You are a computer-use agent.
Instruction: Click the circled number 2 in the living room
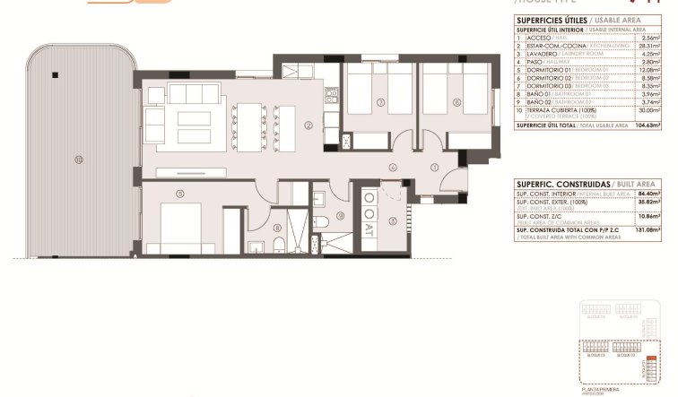coord(308,125)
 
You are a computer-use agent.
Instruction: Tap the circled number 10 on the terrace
coord(79,160)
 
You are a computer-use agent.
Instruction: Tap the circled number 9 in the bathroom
coord(341,217)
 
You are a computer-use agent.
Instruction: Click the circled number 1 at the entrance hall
coord(434,167)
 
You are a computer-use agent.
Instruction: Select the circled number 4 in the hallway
coord(393,168)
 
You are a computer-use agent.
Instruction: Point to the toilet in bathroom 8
coord(279,246)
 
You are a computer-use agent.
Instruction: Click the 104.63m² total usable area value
coord(648,126)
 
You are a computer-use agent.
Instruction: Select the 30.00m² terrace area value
coord(650,111)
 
